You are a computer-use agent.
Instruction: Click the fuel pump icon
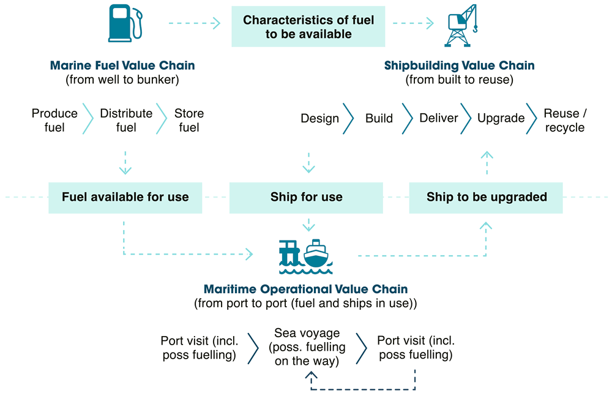coord(125,23)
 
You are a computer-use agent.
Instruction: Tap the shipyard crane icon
coord(460,26)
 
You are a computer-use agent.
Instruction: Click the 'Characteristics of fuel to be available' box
coord(308,27)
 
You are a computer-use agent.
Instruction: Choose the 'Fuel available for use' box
coord(125,197)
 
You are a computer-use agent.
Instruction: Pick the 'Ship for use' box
coord(306,197)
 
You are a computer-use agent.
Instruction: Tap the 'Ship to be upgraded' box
coord(486,197)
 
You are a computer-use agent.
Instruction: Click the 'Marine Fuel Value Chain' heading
coord(122,65)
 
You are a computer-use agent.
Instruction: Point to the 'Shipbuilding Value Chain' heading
coord(459,65)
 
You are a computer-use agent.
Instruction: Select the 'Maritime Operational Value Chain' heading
coord(305,289)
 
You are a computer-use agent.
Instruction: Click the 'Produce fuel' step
coord(54,120)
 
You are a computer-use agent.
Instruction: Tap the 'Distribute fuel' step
coord(126,120)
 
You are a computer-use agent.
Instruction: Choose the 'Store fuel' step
coord(189,120)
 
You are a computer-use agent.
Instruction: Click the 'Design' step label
coord(319,118)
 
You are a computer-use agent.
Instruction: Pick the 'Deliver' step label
coord(438,118)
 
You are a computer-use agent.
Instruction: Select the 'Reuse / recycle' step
coord(565,120)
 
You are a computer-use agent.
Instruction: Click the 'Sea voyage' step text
coord(306,347)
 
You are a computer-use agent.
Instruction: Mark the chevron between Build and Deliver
coord(407,118)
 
